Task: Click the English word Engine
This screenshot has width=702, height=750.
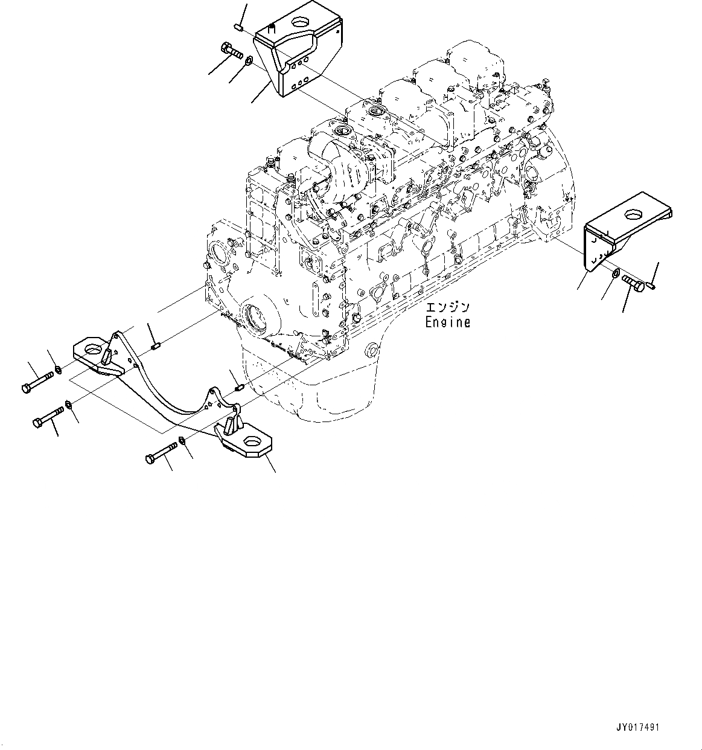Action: [x=448, y=322]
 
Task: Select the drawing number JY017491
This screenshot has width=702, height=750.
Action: [x=639, y=728]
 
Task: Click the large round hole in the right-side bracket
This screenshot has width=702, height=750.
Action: [x=633, y=214]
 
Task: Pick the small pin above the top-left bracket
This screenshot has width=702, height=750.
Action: [x=238, y=27]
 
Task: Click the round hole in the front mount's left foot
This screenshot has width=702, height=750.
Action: [x=94, y=348]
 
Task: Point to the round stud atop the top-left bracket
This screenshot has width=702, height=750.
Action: [x=271, y=26]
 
